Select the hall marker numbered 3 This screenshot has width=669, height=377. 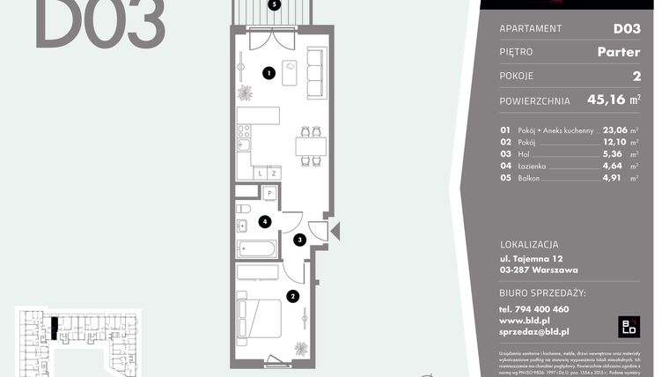coord(299,239)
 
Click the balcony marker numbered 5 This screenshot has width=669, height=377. coord(276,4)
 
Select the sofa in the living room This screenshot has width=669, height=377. coord(314,73)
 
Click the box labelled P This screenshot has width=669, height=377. coord(269,194)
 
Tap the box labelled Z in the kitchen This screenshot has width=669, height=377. coord(274,173)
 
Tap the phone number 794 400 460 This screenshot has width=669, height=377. coord(533,309)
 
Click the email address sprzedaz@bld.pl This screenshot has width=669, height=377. coord(533,331)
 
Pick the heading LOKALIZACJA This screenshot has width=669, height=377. coord(530,243)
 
